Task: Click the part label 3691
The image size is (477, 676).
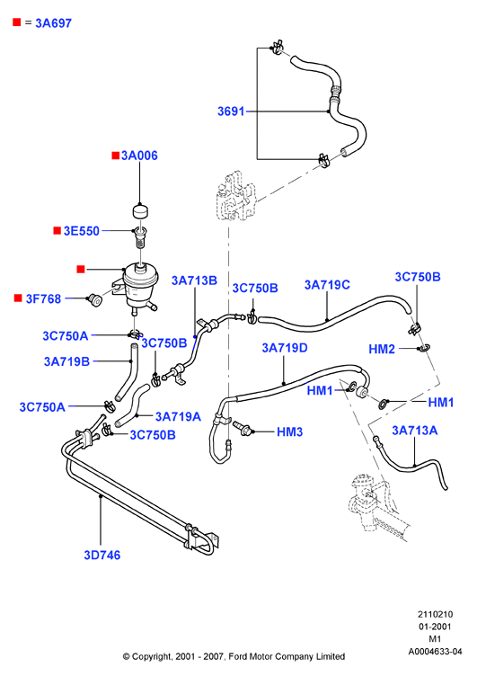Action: coord(231,111)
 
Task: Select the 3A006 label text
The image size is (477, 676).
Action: coord(139,156)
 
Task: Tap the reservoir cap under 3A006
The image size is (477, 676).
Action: coord(139,211)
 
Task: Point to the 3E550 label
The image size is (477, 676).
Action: coord(82,231)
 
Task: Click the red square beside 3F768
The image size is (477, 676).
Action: coord(18,298)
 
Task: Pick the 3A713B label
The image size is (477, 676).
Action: coord(194,280)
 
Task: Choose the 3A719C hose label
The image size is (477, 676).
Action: coord(327,285)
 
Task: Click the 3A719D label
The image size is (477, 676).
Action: coord(285,348)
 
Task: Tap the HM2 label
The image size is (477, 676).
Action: coord(382,349)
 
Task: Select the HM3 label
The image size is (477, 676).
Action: coord(289,431)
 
